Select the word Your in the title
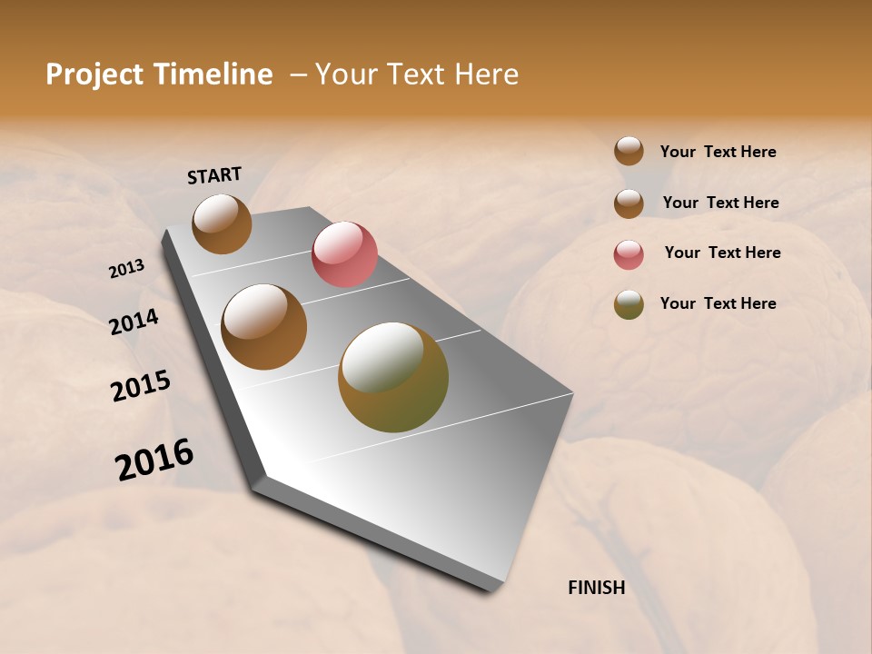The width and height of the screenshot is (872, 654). click(x=344, y=74)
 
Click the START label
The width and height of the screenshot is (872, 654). click(x=214, y=175)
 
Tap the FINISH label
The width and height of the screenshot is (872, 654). click(x=597, y=588)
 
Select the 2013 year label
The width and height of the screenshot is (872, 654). click(x=126, y=269)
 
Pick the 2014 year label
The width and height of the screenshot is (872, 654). click(x=134, y=322)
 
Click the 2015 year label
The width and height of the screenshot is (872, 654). click(x=141, y=386)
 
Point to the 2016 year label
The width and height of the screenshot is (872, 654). click(x=154, y=460)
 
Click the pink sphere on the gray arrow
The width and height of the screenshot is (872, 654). click(x=344, y=253)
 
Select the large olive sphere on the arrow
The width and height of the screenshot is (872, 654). click(x=393, y=377)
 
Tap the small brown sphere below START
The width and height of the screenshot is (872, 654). click(x=222, y=223)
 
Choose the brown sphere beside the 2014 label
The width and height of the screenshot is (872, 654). click(x=264, y=327)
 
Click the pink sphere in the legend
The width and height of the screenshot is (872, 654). click(x=629, y=254)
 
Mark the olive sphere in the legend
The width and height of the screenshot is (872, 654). click(x=629, y=304)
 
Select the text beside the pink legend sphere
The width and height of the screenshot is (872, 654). click(x=722, y=253)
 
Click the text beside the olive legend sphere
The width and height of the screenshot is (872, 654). click(x=718, y=303)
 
